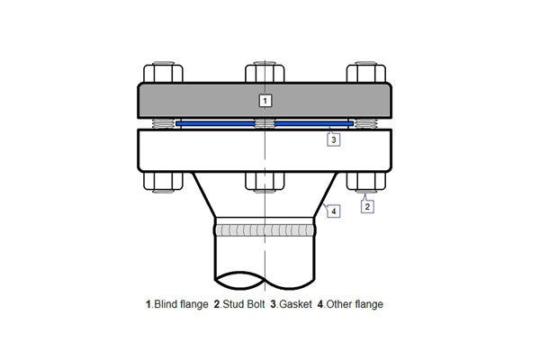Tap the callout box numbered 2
[367, 205]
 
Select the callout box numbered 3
[333, 139]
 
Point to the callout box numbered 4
[333, 211]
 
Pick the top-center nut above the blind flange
[265, 71]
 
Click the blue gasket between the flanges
[216, 122]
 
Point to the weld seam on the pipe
[265, 230]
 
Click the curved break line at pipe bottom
[265, 274]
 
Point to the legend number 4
[320, 304]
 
